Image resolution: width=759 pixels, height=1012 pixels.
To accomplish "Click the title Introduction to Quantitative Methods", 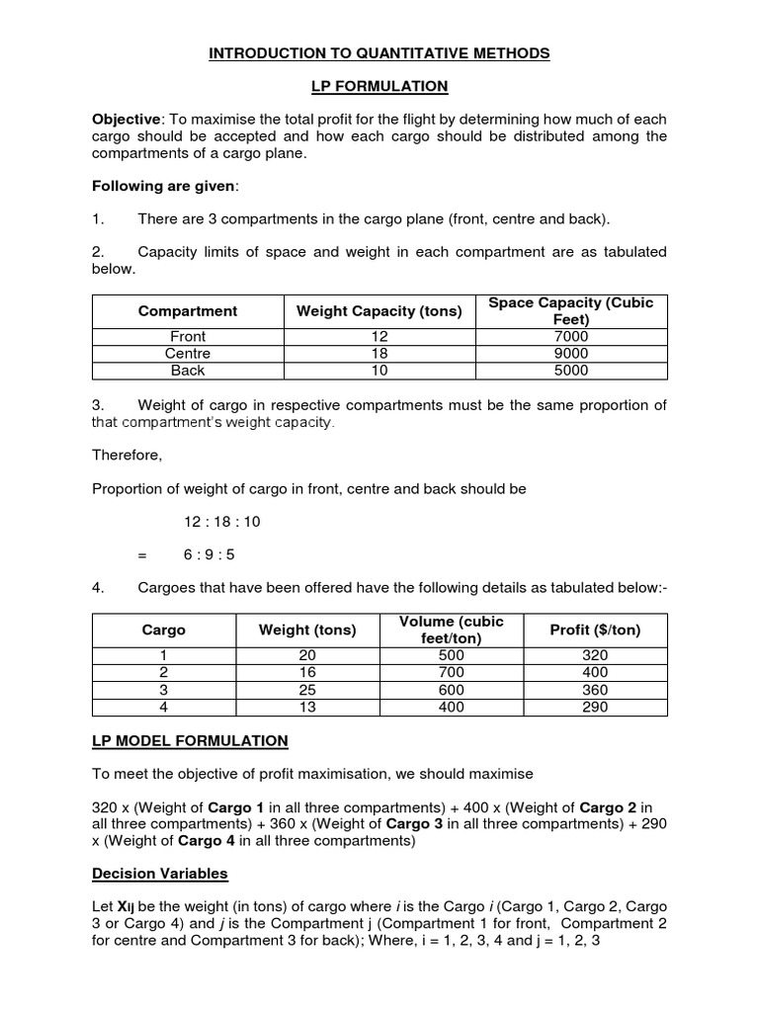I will tap(379, 53).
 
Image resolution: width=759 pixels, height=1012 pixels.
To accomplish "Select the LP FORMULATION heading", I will tap(379, 87).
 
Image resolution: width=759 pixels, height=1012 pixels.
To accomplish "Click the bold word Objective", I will tap(126, 120).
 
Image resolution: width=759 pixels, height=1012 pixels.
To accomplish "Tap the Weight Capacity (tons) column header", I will tap(379, 311).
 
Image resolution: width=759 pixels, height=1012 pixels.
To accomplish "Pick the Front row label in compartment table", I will tap(188, 337).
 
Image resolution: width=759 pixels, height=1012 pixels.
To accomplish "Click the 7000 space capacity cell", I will tap(571, 337).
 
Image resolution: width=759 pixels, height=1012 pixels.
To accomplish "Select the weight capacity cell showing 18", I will tap(379, 354).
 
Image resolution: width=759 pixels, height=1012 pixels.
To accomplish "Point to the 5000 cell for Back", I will tap(571, 371).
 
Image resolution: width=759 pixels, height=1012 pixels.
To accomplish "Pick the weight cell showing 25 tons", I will tap(306, 690).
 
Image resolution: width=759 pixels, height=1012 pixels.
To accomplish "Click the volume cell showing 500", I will tap(451, 656).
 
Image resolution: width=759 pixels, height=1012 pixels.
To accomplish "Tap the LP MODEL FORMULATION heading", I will tap(190, 740).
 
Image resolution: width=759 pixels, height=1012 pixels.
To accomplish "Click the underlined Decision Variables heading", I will tap(159, 873).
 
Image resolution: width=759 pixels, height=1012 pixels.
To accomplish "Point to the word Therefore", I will tap(126, 456).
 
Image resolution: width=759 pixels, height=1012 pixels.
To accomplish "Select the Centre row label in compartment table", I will tap(188, 354).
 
